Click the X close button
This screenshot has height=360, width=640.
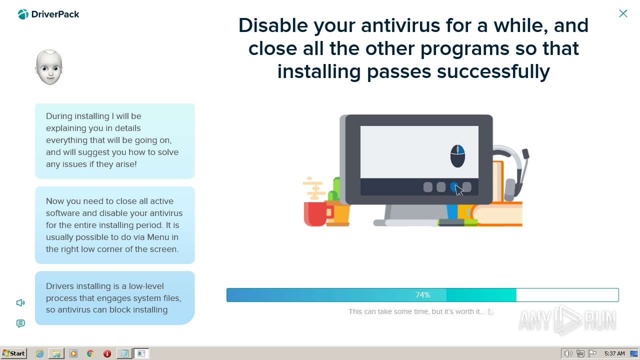tap(623, 13)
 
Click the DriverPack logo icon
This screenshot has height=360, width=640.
tap(23, 14)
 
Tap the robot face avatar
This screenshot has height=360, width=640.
tap(49, 67)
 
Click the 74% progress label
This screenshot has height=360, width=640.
tap(422, 295)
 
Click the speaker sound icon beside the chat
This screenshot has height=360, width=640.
tap(20, 302)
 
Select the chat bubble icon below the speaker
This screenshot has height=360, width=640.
tap(20, 323)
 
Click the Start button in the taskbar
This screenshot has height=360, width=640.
tap(13, 353)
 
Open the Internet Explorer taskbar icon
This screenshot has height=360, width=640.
tap(39, 353)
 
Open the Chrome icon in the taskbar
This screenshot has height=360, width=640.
tap(90, 353)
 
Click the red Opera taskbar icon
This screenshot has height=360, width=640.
tap(107, 353)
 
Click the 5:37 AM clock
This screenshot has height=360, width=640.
tap(614, 353)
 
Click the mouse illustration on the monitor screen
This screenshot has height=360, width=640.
tap(457, 155)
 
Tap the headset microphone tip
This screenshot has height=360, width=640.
tap(525, 153)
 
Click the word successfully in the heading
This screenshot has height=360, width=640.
tap(493, 72)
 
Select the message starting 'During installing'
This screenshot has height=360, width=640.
tap(115, 141)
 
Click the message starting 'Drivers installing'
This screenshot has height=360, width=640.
tap(115, 297)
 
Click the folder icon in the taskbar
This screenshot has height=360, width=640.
tap(56, 353)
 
